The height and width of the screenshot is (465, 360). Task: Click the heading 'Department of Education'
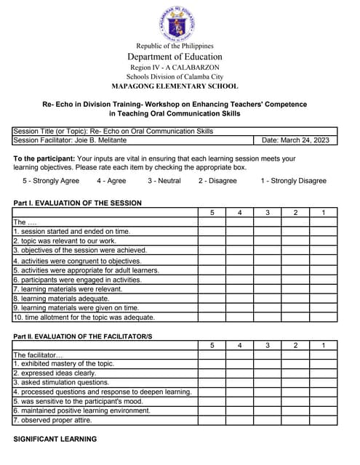[175, 57]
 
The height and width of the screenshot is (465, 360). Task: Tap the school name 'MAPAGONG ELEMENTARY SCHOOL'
[175, 86]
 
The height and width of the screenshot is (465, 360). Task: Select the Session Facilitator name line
[69, 140]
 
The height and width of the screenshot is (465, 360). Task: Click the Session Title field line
[113, 132]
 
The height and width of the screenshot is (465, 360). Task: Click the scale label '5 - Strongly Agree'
[51, 181]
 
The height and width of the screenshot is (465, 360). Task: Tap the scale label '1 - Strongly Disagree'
[293, 181]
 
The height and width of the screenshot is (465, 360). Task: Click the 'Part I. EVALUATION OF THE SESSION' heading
[78, 203]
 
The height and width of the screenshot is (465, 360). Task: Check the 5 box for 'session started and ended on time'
[212, 231]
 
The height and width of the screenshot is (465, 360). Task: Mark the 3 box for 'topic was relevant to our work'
[267, 240]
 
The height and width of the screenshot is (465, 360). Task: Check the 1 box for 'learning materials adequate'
[323, 298]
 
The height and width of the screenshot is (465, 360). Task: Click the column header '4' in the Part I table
[239, 212]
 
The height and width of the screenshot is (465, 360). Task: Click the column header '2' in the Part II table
[295, 345]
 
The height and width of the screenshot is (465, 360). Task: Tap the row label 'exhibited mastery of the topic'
[64, 363]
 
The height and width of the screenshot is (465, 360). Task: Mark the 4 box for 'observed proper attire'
[239, 420]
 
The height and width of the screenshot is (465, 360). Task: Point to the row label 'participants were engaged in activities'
[78, 279]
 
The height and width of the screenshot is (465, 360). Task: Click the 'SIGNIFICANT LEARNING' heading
[55, 439]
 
